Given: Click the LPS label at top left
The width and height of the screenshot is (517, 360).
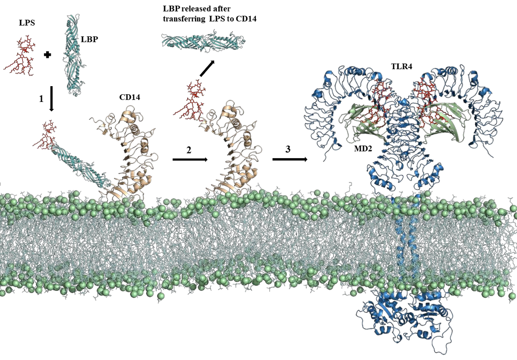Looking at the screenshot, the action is pyautogui.click(x=27, y=23).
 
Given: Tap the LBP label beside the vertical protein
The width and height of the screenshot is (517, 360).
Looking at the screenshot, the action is pyautogui.click(x=89, y=39).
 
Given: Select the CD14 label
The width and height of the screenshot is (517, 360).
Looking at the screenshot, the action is pyautogui.click(x=130, y=97).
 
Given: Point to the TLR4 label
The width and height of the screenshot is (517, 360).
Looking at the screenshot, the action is pyautogui.click(x=401, y=67).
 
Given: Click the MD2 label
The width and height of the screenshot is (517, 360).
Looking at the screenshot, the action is pyautogui.click(x=363, y=149).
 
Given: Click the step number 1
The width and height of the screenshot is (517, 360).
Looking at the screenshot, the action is pyautogui.click(x=41, y=99).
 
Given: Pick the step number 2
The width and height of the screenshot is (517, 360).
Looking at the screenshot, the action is pyautogui.click(x=189, y=150).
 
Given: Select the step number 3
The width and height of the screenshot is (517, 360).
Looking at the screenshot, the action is pyautogui.click(x=288, y=149).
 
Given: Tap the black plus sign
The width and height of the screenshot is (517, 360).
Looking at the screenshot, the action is pyautogui.click(x=47, y=55).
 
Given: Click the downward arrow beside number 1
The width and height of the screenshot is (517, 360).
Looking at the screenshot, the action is pyautogui.click(x=52, y=99).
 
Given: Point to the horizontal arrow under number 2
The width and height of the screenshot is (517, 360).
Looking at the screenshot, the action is pyautogui.click(x=190, y=160).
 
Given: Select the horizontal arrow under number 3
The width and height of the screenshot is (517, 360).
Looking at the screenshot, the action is pyautogui.click(x=290, y=159).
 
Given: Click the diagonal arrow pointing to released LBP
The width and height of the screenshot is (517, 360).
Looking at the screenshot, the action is pyautogui.click(x=207, y=68).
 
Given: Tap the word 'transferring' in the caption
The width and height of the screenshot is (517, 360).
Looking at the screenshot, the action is pyautogui.click(x=184, y=19).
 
